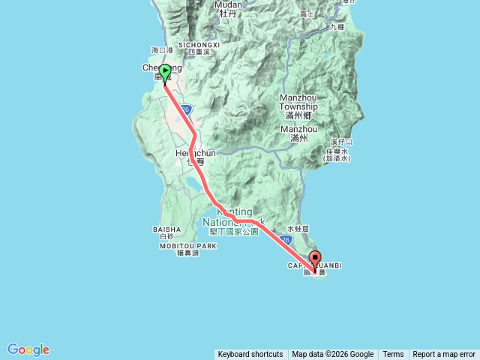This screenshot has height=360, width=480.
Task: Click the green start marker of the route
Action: click(x=164, y=73)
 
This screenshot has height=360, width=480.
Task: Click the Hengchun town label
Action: click(x=195, y=153)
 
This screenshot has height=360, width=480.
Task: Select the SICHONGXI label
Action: click(x=198, y=45)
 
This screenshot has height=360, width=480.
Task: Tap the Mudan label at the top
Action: click(x=228, y=4)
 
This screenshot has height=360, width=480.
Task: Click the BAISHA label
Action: click(x=166, y=229)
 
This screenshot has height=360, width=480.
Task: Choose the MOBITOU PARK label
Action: click(x=187, y=246)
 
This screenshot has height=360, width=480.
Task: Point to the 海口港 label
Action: click(x=162, y=50)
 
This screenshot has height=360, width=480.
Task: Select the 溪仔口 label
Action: click(x=341, y=141)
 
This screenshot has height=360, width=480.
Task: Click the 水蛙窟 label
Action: click(x=298, y=229)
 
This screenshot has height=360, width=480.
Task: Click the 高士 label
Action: click(x=306, y=14)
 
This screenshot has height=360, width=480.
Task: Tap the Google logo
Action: click(x=28, y=349)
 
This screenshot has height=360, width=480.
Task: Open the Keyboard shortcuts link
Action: click(x=250, y=355)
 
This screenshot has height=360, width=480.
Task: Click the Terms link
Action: click(x=393, y=355)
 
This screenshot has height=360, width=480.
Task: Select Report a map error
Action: click(x=444, y=355)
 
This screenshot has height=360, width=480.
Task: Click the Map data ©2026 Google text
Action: click(x=332, y=355)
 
